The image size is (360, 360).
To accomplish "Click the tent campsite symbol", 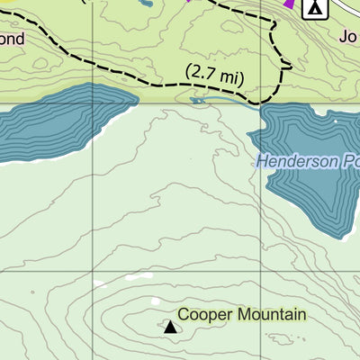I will [314, 9].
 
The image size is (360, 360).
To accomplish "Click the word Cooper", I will [202, 315].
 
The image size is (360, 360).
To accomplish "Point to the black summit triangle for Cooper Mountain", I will [170, 326].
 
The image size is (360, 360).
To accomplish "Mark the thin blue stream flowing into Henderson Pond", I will [225, 102].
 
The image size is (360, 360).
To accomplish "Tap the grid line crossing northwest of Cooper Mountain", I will [93, 271].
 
